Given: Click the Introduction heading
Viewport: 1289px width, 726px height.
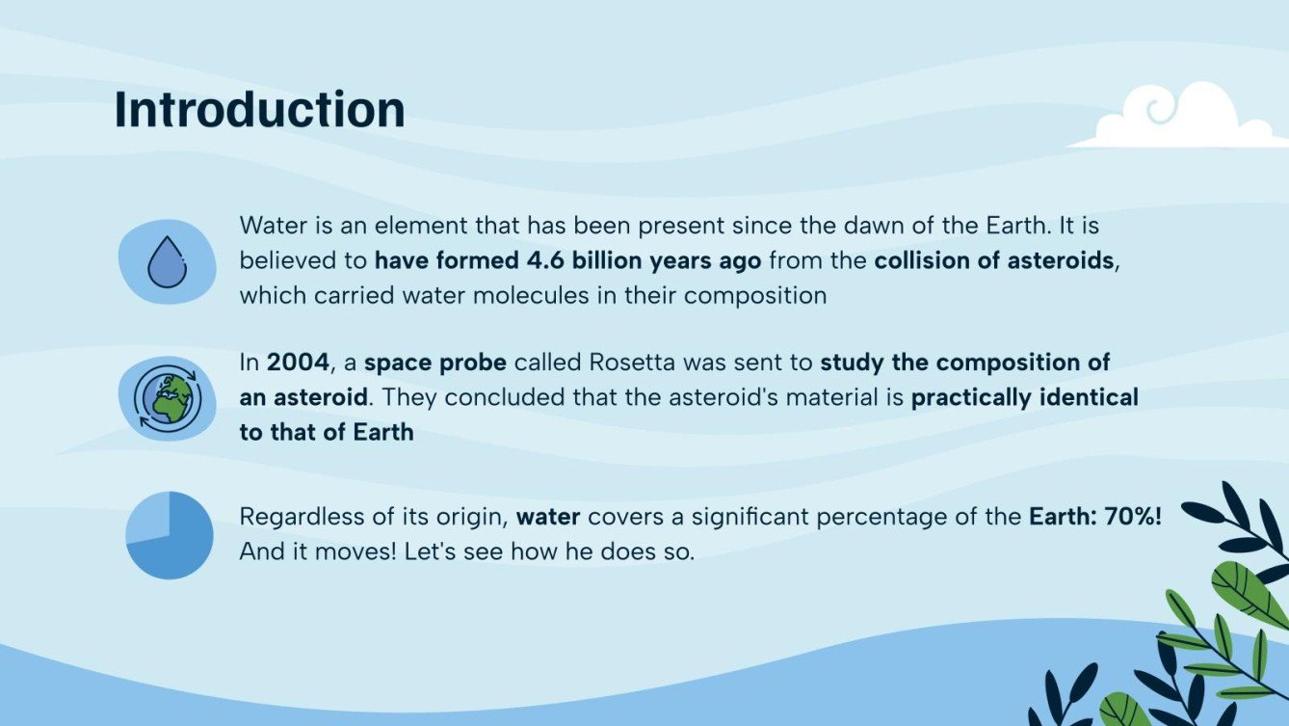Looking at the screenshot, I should (x=259, y=110).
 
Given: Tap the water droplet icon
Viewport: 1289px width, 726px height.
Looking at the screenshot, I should (x=167, y=261).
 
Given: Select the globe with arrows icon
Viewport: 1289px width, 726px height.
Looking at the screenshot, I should (x=167, y=398).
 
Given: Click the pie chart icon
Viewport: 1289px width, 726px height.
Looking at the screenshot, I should (x=170, y=535).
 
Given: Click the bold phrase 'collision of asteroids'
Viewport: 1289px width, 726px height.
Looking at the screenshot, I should (x=993, y=261).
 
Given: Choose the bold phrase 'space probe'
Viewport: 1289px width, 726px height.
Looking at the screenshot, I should (x=435, y=363).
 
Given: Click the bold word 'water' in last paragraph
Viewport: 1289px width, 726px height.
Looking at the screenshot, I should (x=547, y=517).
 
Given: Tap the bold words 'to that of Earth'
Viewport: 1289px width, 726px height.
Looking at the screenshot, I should (x=327, y=432).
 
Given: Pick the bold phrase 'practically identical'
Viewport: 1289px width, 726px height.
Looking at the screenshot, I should (x=1024, y=397).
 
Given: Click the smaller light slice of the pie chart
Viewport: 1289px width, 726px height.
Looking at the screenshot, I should (x=149, y=516).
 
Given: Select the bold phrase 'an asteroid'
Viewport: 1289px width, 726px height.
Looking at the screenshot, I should (x=303, y=397).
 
